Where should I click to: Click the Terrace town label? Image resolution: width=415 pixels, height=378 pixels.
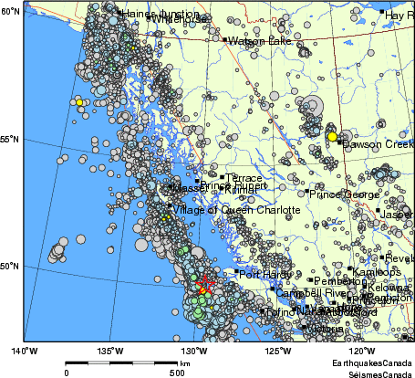pyautogui.click(x=244, y=178)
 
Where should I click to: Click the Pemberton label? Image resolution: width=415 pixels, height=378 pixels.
pyautogui.click(x=340, y=282)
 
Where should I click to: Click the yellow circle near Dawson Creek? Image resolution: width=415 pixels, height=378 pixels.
pyautogui.click(x=331, y=136)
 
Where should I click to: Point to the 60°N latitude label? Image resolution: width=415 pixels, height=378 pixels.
pyautogui.click(x=11, y=11)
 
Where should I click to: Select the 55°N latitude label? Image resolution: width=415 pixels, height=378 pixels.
pyautogui.click(x=11, y=139)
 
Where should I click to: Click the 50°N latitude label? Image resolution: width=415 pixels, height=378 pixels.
pyautogui.click(x=11, y=267)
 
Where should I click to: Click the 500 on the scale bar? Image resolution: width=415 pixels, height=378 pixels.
pyautogui.click(x=176, y=373)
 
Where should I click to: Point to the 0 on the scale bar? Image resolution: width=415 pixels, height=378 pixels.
pyautogui.click(x=67, y=373)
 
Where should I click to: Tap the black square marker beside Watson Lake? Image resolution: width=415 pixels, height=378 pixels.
pyautogui.click(x=225, y=39)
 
